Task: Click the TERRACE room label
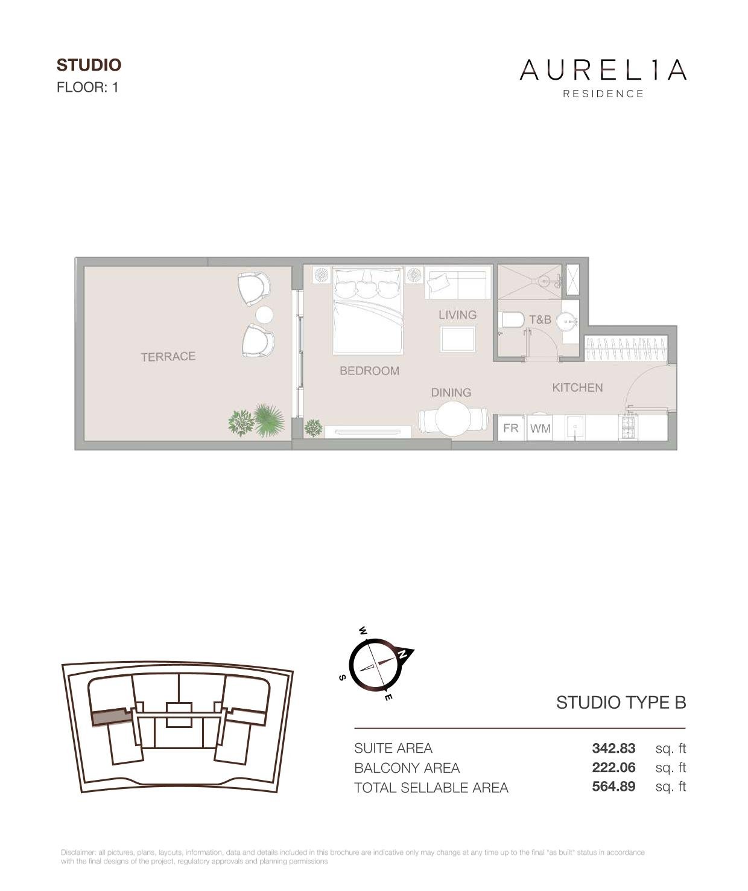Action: click(168, 356)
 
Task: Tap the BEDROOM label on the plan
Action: click(369, 371)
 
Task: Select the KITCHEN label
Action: click(577, 388)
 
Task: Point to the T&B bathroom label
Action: click(540, 319)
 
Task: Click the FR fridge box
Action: click(511, 428)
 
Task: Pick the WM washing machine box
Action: click(540, 428)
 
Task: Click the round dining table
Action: click(453, 420)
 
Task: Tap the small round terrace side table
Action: click(264, 315)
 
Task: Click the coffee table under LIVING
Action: click(458, 339)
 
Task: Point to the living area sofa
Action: click(458, 283)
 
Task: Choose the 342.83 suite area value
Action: click(613, 748)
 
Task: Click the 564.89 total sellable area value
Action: click(613, 786)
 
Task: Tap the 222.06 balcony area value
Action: click(613, 767)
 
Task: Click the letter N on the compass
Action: click(402, 654)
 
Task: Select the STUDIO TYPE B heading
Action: click(621, 703)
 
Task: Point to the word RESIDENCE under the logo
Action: click(603, 94)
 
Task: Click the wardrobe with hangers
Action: click(626, 349)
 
